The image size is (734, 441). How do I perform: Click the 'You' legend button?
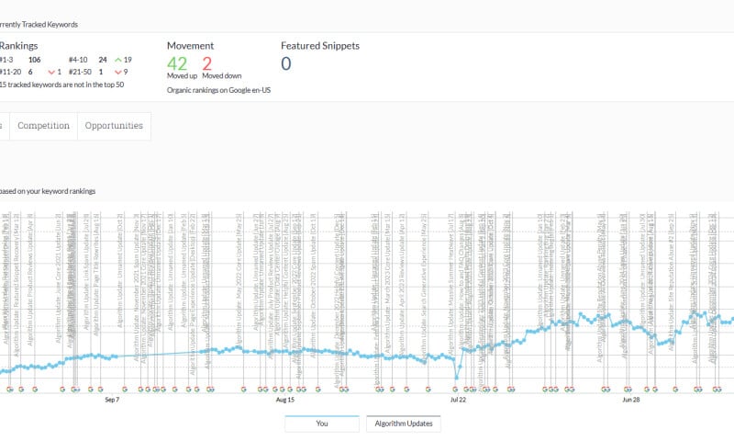click(x=322, y=424)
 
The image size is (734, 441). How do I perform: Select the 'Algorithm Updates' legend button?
click(x=404, y=424)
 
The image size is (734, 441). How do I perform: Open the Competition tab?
click(x=43, y=125)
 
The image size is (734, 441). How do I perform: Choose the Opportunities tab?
click(x=114, y=125)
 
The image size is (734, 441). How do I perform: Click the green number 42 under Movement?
click(x=177, y=62)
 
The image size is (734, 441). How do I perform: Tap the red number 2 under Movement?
click(x=206, y=62)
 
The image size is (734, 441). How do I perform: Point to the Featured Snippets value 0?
click(x=285, y=62)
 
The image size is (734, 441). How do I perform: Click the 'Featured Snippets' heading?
click(x=320, y=44)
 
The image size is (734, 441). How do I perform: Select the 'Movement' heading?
click(x=190, y=45)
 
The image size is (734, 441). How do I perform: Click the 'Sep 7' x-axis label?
click(x=112, y=400)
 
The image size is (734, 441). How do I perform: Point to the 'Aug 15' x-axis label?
click(x=284, y=400)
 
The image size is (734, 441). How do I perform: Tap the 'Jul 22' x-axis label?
click(x=458, y=400)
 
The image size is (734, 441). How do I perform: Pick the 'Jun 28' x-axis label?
click(x=630, y=400)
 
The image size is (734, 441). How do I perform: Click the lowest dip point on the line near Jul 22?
click(x=456, y=378)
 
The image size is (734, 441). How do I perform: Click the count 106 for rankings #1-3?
click(x=35, y=59)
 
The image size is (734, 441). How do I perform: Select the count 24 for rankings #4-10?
click(x=102, y=59)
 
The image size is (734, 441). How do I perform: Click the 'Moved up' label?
click(x=180, y=76)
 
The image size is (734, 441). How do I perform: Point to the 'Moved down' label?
click(x=220, y=76)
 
